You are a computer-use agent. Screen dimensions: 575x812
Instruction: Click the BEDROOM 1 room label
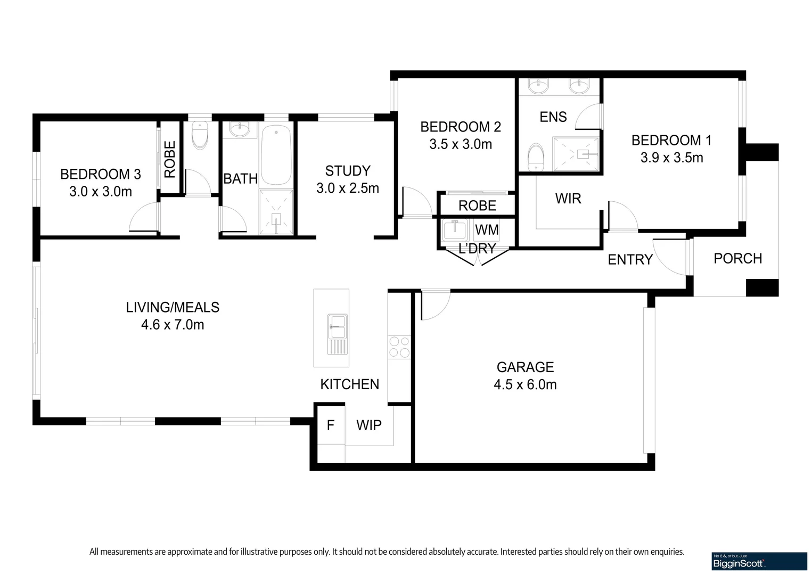pos(671,141)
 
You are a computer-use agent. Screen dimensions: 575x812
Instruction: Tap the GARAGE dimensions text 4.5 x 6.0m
pos(525,385)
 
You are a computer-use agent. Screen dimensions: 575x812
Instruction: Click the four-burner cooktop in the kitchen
pos(399,347)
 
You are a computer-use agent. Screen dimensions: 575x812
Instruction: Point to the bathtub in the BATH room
pos(275,154)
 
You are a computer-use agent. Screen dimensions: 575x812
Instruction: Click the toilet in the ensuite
pos(536,158)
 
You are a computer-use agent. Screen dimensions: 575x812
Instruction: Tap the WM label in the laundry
pos(487,230)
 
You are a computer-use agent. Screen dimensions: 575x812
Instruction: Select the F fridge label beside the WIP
pos(331,425)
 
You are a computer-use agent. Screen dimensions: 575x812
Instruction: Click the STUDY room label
pos(348,171)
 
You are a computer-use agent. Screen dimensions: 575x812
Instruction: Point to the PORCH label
pos(737,259)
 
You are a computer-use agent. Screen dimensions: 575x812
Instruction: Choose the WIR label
pos(568,199)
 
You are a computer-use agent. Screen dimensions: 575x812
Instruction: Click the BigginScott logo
pos(759,561)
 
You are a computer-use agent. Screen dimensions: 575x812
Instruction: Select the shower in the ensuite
pos(576,154)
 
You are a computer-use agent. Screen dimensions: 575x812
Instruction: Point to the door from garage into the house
pos(434,305)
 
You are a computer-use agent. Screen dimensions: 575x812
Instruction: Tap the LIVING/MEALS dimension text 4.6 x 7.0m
pos(173,325)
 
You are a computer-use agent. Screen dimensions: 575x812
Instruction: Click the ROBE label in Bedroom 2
pos(477,206)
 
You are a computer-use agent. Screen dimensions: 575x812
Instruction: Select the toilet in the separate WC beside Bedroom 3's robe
pos(200,136)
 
